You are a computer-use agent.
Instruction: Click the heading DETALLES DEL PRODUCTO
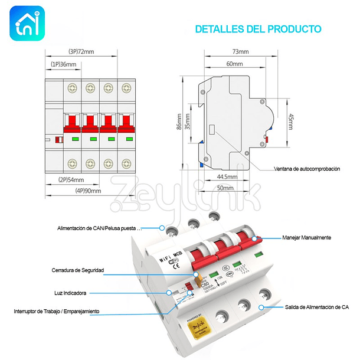(258, 28)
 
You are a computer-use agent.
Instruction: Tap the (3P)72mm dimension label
(81, 51)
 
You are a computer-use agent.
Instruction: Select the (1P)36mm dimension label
(63, 64)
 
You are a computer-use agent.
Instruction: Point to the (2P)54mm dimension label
(71, 179)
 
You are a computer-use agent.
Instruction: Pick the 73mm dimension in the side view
(240, 52)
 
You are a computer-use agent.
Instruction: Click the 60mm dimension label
(234, 63)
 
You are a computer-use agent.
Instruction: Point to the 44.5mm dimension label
(227, 176)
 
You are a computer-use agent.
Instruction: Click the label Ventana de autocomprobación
(307, 169)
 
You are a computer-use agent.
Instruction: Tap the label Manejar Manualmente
(307, 237)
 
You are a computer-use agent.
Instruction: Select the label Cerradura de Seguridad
(77, 270)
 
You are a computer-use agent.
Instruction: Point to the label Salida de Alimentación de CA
(313, 307)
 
